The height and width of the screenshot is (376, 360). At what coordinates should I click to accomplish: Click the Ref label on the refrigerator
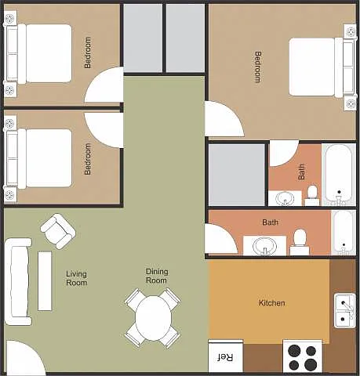(225, 357)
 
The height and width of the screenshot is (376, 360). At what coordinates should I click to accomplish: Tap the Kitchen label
(272, 303)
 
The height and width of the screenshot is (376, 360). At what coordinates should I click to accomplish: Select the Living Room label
(76, 278)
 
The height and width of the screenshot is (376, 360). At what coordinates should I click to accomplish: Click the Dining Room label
(157, 276)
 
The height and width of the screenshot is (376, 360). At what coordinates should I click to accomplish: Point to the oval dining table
(153, 317)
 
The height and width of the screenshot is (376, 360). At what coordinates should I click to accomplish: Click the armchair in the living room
(58, 231)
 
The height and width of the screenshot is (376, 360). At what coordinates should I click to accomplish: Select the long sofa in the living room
(18, 281)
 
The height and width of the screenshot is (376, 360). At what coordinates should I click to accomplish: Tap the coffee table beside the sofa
(45, 280)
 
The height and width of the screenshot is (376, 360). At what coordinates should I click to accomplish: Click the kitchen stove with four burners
(302, 357)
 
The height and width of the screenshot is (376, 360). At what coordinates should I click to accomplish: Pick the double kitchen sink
(345, 311)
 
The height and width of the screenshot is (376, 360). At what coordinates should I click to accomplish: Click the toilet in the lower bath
(300, 242)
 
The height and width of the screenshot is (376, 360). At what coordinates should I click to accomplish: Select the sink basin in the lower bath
(264, 246)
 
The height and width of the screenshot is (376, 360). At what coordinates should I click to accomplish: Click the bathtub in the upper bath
(339, 175)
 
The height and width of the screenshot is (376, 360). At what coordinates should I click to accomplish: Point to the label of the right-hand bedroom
(258, 67)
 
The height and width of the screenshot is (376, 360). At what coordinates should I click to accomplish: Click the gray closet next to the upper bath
(237, 175)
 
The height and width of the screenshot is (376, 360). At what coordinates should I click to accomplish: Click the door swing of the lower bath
(221, 238)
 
